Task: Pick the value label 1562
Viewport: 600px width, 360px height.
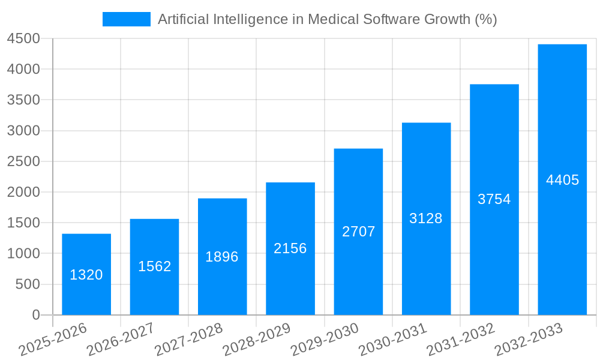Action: pos(155,266)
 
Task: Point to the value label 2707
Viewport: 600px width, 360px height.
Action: pos(359,232)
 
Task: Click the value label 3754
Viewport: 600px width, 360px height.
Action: pos(494,199)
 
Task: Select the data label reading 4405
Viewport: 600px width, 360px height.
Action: pos(563,180)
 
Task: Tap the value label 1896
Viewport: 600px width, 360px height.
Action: pos(222,257)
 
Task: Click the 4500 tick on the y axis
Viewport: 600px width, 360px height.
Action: pos(23,39)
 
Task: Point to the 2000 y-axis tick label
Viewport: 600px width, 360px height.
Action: pos(23,193)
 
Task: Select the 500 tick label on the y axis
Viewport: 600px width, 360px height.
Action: pos(28,284)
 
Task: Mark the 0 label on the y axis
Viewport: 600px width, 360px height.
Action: pos(36,315)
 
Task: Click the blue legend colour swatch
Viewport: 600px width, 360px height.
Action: pos(127,19)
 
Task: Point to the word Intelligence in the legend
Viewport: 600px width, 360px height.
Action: pos(251,19)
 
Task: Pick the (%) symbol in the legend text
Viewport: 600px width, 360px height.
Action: pos(485,19)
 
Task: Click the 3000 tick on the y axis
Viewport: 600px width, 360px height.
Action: pos(23,131)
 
